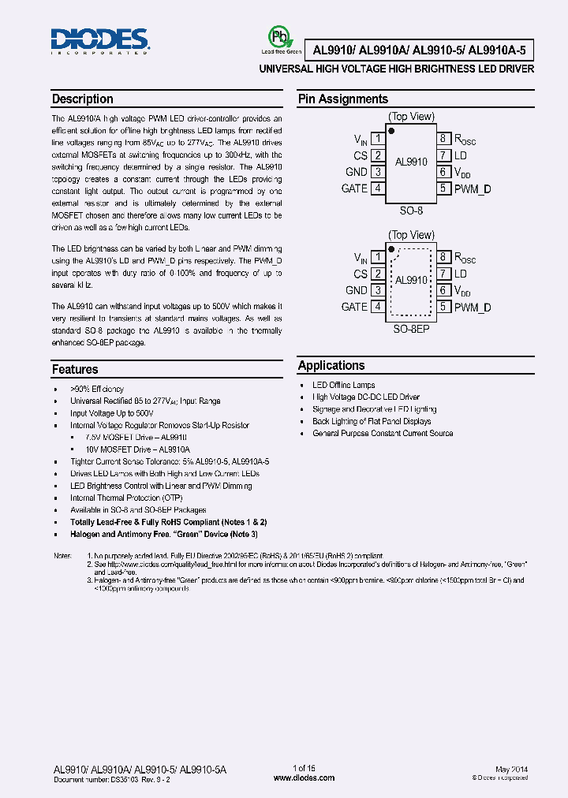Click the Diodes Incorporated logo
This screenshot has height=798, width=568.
(x=99, y=41)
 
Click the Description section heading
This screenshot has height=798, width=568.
(x=82, y=99)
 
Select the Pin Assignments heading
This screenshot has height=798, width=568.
(x=342, y=99)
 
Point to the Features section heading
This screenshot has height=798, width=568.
(x=75, y=369)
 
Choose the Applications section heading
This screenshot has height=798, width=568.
(x=331, y=366)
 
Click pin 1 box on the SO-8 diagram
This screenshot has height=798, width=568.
(x=378, y=139)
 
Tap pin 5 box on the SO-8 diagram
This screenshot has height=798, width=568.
(x=444, y=188)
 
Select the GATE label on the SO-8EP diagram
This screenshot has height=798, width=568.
(x=354, y=307)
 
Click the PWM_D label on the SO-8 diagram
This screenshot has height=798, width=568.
(x=473, y=188)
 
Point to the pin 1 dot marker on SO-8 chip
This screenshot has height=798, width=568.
(x=392, y=130)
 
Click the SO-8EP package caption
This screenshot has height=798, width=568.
(x=411, y=327)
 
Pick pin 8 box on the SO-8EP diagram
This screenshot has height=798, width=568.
(x=444, y=257)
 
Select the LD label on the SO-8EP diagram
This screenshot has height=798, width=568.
(x=461, y=274)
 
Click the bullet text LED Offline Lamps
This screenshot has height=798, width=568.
(x=343, y=385)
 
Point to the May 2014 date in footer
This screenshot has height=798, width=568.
(x=512, y=769)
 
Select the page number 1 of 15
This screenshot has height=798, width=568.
(x=304, y=769)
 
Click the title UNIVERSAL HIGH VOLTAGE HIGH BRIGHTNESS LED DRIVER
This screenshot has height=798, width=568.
(x=397, y=69)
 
